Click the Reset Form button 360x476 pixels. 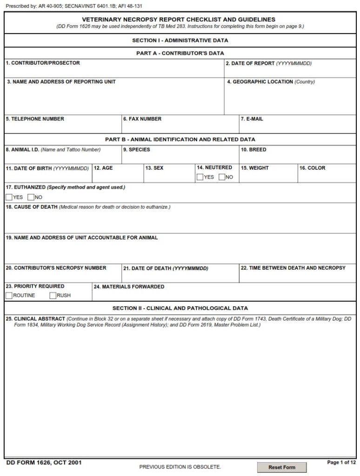282,467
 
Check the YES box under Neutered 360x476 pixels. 200,177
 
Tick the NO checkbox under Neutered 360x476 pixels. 222,177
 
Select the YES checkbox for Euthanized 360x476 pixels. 9,197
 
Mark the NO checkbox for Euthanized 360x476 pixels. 31,197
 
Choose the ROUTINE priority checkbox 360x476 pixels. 9,296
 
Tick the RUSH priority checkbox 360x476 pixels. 53,296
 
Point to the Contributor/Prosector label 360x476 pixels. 43,63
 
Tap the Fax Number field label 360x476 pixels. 142,119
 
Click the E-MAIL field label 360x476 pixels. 252,119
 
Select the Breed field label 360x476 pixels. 253,150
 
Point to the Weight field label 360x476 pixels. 254,168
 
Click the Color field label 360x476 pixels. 312,168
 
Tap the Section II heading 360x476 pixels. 180,308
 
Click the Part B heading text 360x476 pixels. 180,139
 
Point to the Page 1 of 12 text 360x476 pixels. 341,463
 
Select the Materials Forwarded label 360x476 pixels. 129,287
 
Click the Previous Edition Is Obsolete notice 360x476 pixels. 180,467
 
